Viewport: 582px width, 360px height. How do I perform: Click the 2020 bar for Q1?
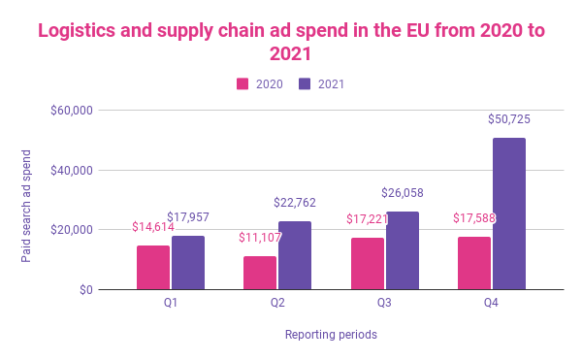[x=153, y=267]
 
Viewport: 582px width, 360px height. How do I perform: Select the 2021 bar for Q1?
[x=188, y=262]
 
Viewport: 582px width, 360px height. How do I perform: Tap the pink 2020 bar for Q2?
[x=260, y=273]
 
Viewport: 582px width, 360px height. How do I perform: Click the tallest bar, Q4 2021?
[x=508, y=213]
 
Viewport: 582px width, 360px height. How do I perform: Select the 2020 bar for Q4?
[x=473, y=263]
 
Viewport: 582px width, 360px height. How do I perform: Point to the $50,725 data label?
[x=508, y=119]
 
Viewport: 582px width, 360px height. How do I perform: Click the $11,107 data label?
[x=260, y=238]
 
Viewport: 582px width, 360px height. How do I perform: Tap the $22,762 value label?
[x=295, y=203]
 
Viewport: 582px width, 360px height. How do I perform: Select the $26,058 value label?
[x=402, y=193]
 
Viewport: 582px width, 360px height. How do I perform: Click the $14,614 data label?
[x=153, y=227]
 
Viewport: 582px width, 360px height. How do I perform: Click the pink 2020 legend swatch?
[x=243, y=84]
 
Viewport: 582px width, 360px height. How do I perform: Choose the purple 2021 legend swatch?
[x=306, y=84]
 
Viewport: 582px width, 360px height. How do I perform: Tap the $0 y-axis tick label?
[x=84, y=289]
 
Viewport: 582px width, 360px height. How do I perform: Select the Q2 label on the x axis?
[x=277, y=304]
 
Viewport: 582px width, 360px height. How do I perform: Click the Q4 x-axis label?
[x=491, y=304]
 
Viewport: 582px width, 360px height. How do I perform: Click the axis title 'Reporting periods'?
[x=331, y=335]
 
